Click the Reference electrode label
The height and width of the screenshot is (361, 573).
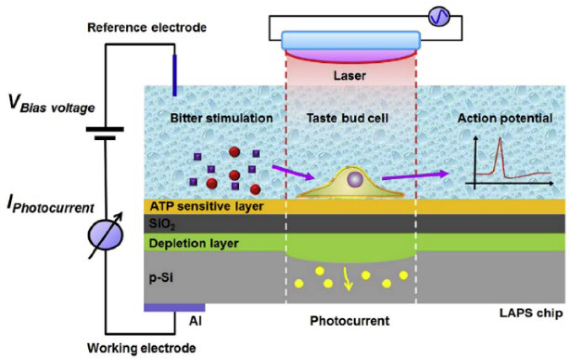click(x=147, y=27)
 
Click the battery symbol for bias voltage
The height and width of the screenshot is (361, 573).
click(x=105, y=133)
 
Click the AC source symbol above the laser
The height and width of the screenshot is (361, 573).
click(x=439, y=16)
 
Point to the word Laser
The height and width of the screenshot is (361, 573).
click(x=349, y=76)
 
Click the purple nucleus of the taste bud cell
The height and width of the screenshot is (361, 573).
click(x=355, y=179)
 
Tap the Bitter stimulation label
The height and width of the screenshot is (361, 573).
click(x=221, y=118)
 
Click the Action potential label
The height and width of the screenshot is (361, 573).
click(x=505, y=118)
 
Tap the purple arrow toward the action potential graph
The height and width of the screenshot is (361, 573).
click(x=415, y=176)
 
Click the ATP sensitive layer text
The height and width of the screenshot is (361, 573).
click(x=207, y=206)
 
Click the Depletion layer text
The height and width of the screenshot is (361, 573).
click(x=193, y=243)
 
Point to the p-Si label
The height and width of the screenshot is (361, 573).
click(x=161, y=278)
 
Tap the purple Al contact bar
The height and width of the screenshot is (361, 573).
click(x=174, y=308)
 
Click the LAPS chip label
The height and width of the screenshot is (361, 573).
click(x=531, y=313)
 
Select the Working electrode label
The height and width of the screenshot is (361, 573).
click(x=141, y=348)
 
